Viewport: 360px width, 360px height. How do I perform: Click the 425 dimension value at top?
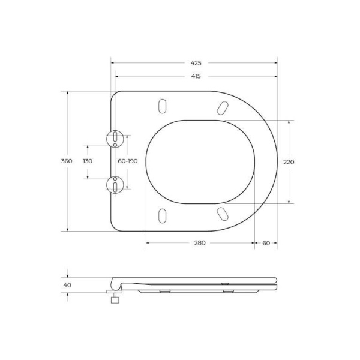[196, 62]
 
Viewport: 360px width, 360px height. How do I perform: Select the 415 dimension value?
[196, 76]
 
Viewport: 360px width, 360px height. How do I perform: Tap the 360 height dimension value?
[67, 161]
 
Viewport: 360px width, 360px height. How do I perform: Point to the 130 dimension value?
[88, 161]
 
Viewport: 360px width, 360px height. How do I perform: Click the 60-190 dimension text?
[127, 161]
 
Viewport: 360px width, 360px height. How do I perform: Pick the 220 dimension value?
[289, 161]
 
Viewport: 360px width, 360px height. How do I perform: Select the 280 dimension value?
[200, 243]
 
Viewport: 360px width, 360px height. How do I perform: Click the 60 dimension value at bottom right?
[266, 243]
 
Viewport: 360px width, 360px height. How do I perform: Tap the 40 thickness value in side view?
[67, 284]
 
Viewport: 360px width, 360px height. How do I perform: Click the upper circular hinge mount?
[114, 139]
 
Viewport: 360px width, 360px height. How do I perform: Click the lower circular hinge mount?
[114, 184]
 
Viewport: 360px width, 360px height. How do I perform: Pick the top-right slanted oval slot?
[222, 107]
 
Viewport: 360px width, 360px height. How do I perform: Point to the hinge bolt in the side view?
[112, 298]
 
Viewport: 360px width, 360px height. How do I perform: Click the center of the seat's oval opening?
[200, 161]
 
